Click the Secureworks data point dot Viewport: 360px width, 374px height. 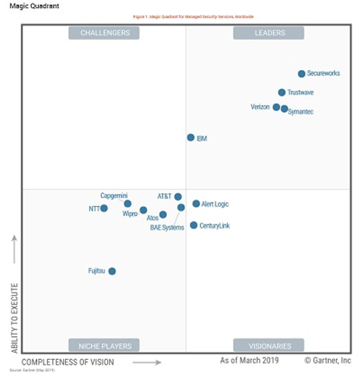(x=301, y=73)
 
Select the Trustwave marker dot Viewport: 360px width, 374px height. (x=281, y=92)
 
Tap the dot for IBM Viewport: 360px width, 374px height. (x=190, y=137)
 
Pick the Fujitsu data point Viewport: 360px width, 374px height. (x=112, y=271)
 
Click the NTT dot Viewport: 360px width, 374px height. (x=104, y=208)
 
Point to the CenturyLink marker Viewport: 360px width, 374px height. (x=193, y=225)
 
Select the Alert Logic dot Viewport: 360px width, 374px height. (x=196, y=204)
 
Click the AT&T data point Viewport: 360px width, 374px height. (x=178, y=197)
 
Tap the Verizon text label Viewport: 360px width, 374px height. (x=260, y=107)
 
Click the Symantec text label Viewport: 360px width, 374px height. (x=301, y=112)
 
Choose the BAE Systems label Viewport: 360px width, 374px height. (x=167, y=228)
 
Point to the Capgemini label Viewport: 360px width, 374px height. (x=114, y=196)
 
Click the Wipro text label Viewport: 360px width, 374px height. (x=130, y=214)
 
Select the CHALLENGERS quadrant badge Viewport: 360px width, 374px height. (x=104, y=33)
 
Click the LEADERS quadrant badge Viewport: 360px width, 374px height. (x=268, y=33)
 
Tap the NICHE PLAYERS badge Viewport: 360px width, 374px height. (x=104, y=346)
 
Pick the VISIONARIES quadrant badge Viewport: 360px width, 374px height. (x=268, y=346)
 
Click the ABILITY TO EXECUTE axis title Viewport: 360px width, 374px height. (x=14, y=318)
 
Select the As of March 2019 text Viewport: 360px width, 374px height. (x=249, y=360)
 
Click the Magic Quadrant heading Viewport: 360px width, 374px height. (x=34, y=6)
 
